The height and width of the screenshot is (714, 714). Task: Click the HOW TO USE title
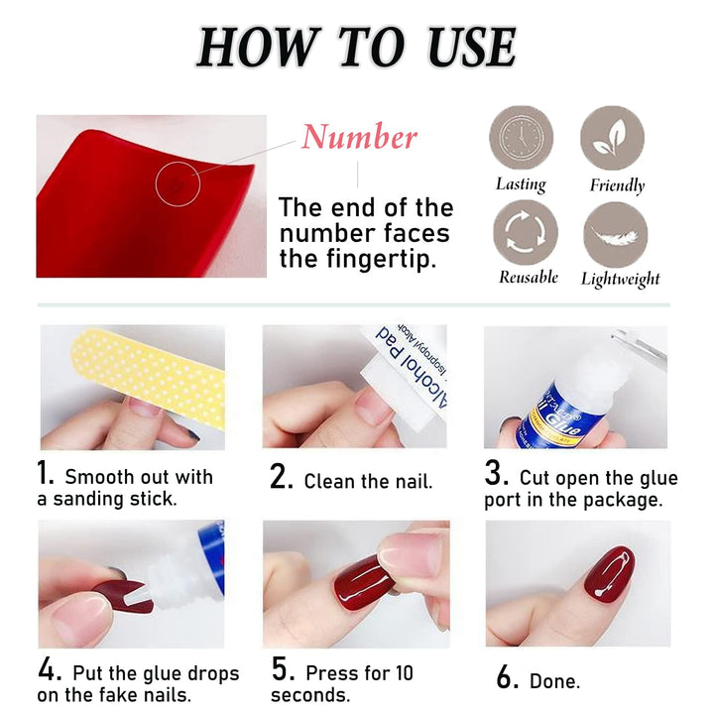(357, 47)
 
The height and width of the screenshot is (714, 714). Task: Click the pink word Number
(359, 137)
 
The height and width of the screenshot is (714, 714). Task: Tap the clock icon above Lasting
(521, 138)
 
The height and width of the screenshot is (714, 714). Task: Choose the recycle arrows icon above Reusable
(525, 232)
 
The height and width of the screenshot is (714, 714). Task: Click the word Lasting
(521, 184)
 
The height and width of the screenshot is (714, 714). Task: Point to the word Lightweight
(620, 280)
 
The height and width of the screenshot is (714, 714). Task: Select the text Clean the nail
(368, 482)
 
